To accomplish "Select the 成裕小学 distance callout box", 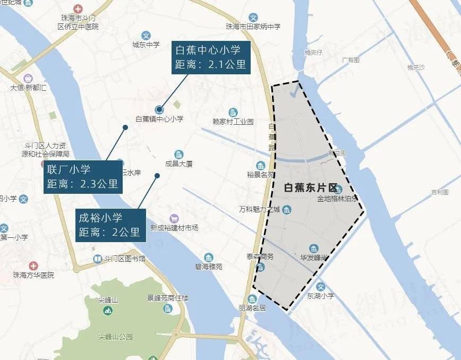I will (110, 225).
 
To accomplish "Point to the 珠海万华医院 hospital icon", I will (33, 265).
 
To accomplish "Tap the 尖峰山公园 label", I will (115, 337).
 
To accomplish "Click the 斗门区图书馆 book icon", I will (98, 259).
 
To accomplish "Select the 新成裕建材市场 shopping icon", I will (174, 218).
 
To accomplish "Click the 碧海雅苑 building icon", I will (209, 258).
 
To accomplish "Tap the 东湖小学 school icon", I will (320, 287).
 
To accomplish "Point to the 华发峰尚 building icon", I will (314, 248).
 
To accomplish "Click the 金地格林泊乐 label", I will (337, 200).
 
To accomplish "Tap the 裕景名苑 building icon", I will (260, 165).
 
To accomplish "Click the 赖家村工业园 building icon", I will (233, 112).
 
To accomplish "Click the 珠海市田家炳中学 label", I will (253, 27).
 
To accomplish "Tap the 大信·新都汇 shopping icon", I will (28, 78).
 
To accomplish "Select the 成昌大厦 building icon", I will (178, 154).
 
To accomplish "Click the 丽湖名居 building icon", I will (252, 299).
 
